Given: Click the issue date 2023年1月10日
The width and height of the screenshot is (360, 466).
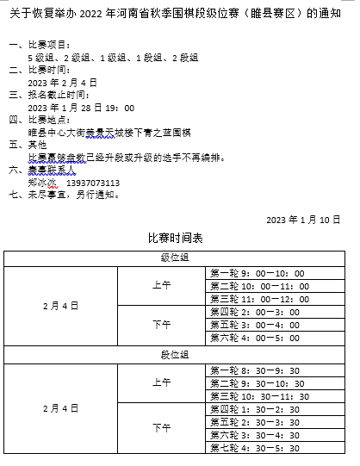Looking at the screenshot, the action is click(304, 220).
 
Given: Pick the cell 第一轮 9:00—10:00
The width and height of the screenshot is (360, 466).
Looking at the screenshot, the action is click(258, 273).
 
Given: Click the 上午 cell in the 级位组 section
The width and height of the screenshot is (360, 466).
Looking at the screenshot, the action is click(161, 286).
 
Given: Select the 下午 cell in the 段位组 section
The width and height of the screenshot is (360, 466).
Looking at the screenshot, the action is click(161, 428).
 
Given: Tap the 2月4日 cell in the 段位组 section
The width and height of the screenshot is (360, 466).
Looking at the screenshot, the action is click(60, 409).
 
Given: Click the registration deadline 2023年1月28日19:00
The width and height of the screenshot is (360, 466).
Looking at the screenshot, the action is click(81, 108).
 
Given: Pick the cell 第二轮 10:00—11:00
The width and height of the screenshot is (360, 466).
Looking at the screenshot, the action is click(258, 286).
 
